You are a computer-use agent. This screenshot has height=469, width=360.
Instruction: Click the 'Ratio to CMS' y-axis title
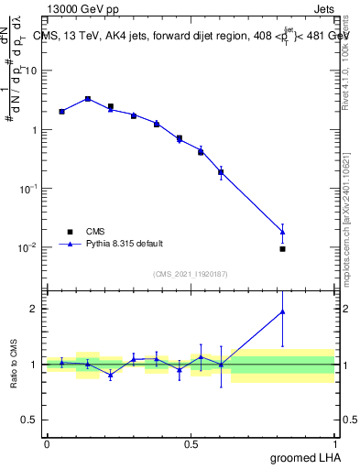[13, 364]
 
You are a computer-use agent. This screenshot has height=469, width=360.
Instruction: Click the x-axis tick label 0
[47, 444]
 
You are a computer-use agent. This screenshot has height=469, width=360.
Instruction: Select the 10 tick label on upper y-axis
[32, 71]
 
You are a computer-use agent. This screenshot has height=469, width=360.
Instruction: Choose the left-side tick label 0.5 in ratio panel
[32, 420]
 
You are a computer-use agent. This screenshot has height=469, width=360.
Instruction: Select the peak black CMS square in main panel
[88, 99]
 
